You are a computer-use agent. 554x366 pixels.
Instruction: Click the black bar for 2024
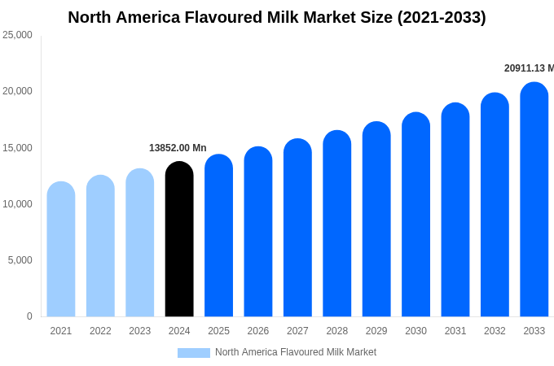[x=179, y=239]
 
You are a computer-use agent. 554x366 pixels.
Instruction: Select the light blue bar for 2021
[x=61, y=249]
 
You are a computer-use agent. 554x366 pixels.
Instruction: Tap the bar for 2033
[x=534, y=199]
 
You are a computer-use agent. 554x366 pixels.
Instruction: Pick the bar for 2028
[x=337, y=224]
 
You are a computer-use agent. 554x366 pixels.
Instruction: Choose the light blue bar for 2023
[x=140, y=242]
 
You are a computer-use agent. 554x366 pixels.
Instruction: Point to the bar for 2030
[x=415, y=215]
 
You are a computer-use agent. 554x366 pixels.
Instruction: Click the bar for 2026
[x=258, y=232]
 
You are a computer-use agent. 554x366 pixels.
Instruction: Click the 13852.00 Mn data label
[x=178, y=148]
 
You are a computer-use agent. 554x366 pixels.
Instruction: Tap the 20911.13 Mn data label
[x=528, y=68]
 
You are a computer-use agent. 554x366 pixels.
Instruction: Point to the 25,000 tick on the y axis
[x=17, y=35]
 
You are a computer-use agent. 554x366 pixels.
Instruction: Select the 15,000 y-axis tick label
[x=17, y=148]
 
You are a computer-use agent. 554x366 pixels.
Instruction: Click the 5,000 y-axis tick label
[x=20, y=260]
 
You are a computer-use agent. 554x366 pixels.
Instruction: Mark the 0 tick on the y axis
[x=29, y=316]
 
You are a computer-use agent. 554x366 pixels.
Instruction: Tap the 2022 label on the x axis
[x=100, y=331]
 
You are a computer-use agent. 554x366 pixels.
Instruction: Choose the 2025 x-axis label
[x=218, y=331]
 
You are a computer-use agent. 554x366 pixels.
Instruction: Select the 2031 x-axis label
[x=455, y=331]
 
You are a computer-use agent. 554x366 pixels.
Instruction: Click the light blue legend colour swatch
[x=194, y=353]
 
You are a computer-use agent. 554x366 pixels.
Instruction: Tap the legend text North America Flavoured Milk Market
[x=296, y=352]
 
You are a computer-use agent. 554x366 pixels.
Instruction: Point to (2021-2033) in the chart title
[x=441, y=17]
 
